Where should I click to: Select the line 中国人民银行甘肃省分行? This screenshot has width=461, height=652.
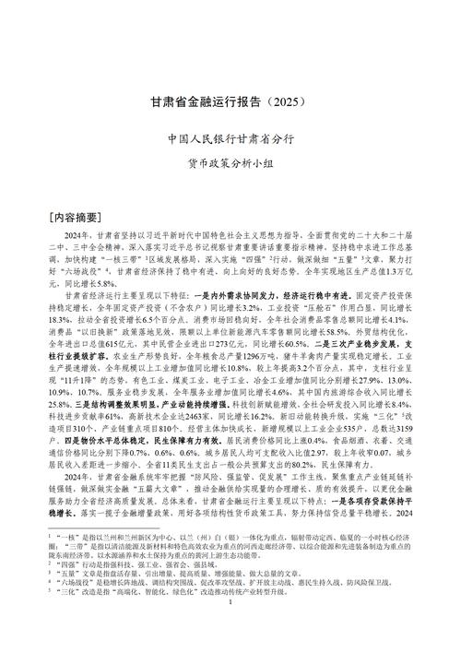click(230, 139)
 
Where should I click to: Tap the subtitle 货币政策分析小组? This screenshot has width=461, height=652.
click(230, 164)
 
